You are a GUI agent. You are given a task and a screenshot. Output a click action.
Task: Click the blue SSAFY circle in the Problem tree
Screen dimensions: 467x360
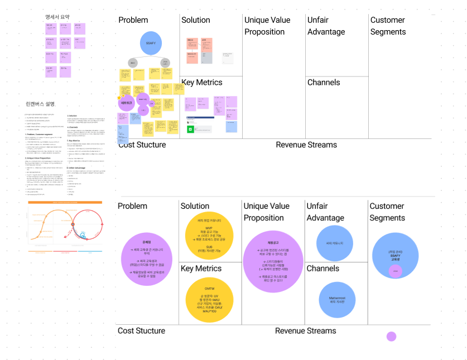151,43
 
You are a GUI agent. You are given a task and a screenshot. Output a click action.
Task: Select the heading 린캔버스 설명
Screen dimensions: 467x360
40,104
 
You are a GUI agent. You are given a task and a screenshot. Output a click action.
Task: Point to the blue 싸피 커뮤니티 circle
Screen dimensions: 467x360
337,243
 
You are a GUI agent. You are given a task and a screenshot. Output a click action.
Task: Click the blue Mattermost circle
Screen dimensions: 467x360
337,300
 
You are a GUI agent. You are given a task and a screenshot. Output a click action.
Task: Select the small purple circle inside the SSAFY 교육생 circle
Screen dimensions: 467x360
396,271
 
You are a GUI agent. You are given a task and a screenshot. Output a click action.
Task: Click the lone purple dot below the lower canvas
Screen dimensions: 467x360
391,336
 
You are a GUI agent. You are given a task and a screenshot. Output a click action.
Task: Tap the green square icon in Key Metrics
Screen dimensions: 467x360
190,129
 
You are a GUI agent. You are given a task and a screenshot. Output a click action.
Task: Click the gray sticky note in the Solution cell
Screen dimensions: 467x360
206,57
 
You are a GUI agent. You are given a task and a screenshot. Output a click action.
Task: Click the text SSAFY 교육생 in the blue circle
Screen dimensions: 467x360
396,256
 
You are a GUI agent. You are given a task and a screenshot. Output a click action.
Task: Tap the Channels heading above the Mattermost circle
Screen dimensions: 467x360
323,268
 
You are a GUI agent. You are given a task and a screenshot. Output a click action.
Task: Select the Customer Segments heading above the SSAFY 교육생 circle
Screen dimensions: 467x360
387,212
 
